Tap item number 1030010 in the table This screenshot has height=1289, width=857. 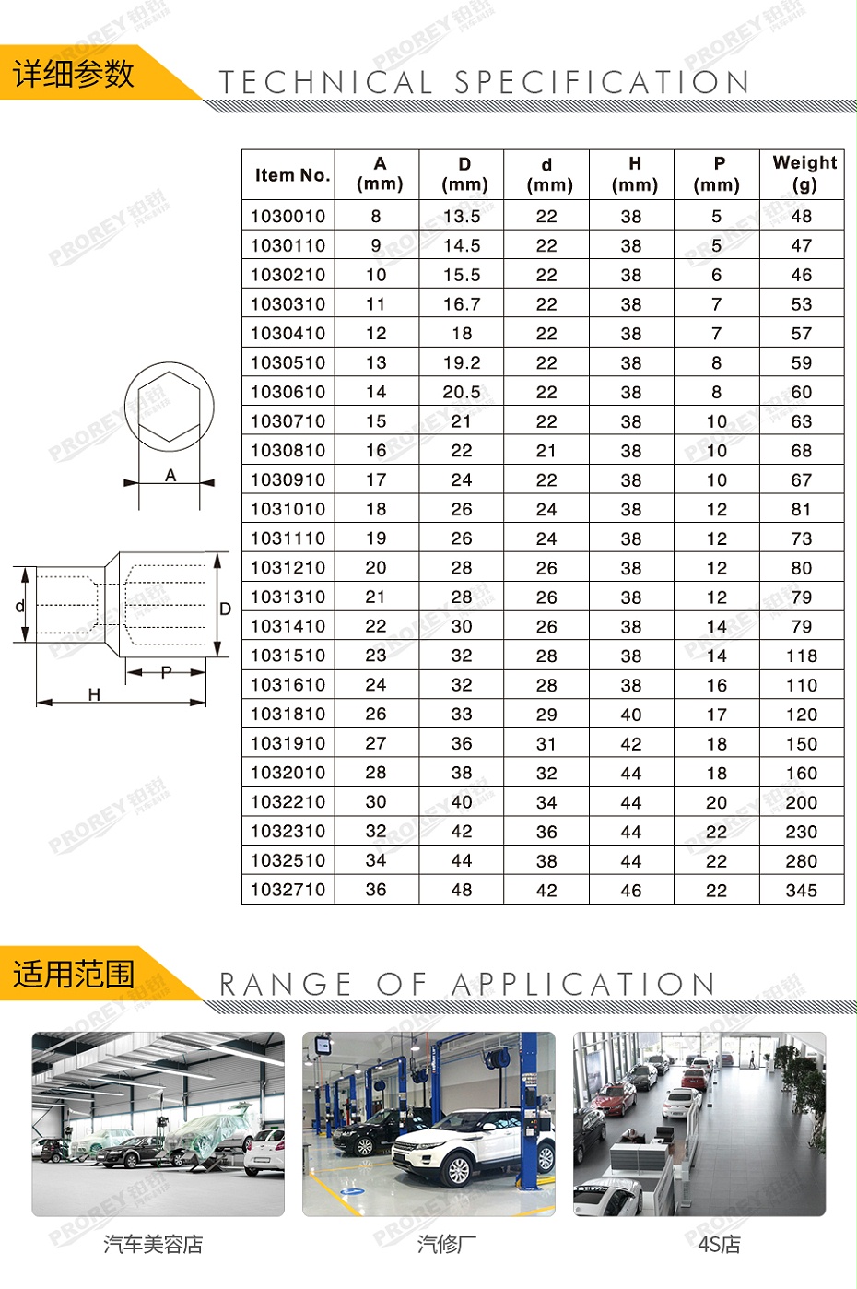click(288, 217)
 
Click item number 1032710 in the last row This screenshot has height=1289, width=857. click(288, 890)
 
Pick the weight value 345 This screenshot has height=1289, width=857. click(802, 890)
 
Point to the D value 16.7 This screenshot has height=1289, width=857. click(462, 304)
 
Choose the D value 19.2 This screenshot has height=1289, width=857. click(462, 362)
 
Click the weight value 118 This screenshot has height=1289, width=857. click(802, 656)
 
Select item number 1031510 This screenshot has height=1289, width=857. click(288, 656)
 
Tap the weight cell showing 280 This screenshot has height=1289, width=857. click(802, 860)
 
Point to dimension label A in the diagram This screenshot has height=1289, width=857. click(170, 476)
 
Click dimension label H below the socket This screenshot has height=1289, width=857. click(94, 694)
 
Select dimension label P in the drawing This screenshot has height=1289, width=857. click(167, 672)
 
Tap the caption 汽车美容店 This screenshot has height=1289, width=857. click(153, 1245)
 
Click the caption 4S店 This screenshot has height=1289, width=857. click(719, 1245)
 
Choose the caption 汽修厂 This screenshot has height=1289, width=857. click(447, 1245)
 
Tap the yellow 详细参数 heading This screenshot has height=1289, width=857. click(74, 74)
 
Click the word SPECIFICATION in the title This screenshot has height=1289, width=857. click(603, 83)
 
